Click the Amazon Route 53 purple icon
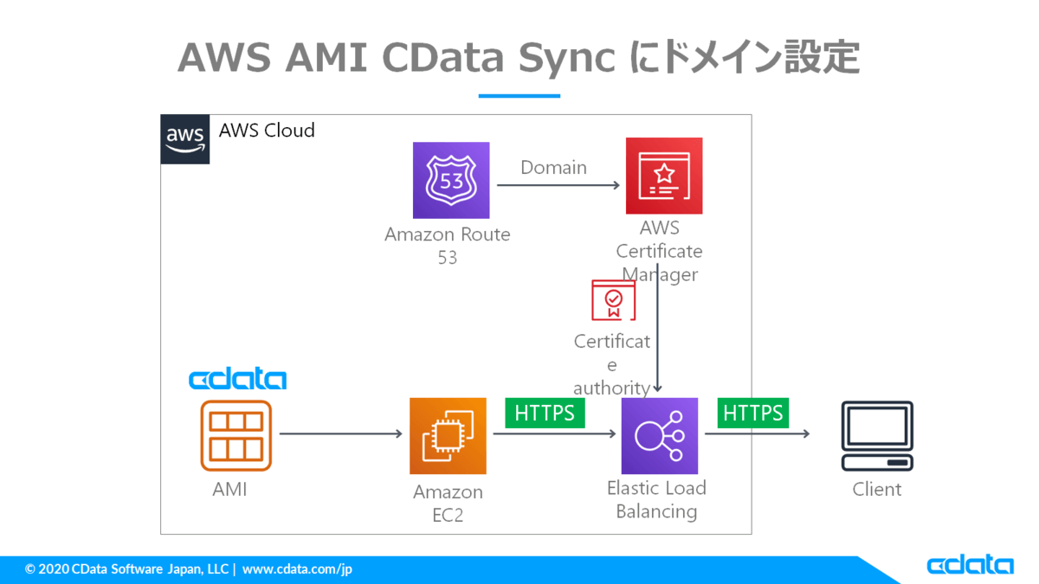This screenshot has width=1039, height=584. (x=451, y=180)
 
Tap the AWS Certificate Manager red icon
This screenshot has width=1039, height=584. (x=664, y=176)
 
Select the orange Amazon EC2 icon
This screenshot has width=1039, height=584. (x=448, y=436)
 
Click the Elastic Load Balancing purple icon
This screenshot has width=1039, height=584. (x=659, y=436)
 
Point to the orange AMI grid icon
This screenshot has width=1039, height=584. (x=236, y=436)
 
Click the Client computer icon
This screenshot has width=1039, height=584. (x=877, y=436)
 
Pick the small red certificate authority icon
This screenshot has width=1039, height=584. (x=613, y=300)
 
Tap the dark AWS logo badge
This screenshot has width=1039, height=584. (x=185, y=138)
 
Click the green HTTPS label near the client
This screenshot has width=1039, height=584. (x=753, y=413)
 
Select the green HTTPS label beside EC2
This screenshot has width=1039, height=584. (x=545, y=413)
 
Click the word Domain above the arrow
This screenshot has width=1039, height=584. (x=553, y=167)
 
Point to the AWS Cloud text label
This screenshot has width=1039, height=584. (x=267, y=131)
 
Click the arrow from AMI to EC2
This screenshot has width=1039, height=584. (x=341, y=433)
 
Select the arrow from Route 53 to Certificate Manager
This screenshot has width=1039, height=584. (x=559, y=184)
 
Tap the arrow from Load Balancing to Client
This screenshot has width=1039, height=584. (x=758, y=433)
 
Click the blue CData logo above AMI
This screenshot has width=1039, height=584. (x=237, y=379)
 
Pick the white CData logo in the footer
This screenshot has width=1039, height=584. (x=970, y=566)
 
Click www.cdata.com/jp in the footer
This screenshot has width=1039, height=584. (x=297, y=569)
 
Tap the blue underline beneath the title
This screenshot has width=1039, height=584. (x=519, y=95)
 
